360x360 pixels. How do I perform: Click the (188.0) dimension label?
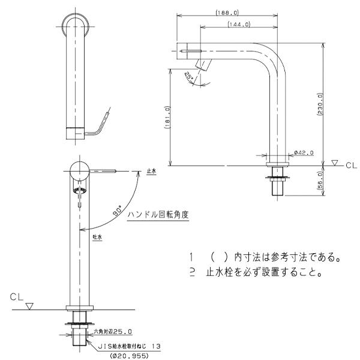226,11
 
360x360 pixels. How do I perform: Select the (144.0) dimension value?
239,24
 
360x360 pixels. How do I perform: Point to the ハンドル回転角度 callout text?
159,214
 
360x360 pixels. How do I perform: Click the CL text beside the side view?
351,163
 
